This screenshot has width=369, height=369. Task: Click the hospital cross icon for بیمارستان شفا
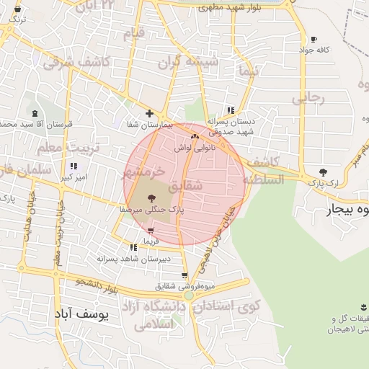click(x=149, y=113)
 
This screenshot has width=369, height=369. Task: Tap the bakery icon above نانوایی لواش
click(x=194, y=135)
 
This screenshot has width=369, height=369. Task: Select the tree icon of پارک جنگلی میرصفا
click(x=151, y=198)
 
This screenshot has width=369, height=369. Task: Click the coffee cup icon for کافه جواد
click(x=314, y=39)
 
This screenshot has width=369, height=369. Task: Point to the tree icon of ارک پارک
click(x=322, y=173)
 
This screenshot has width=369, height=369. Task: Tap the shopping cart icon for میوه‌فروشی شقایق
click(x=185, y=275)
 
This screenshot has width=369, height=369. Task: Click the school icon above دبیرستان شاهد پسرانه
click(x=133, y=247)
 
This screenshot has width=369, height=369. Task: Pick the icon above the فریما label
click(x=150, y=231)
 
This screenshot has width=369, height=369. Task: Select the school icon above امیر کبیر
click(x=74, y=166)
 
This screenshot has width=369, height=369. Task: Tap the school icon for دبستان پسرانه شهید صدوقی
click(x=231, y=110)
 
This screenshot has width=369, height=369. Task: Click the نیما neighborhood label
click(x=250, y=73)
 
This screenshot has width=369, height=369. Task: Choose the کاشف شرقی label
click(x=76, y=63)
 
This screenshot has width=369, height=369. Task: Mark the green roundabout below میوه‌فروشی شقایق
click(x=189, y=295)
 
